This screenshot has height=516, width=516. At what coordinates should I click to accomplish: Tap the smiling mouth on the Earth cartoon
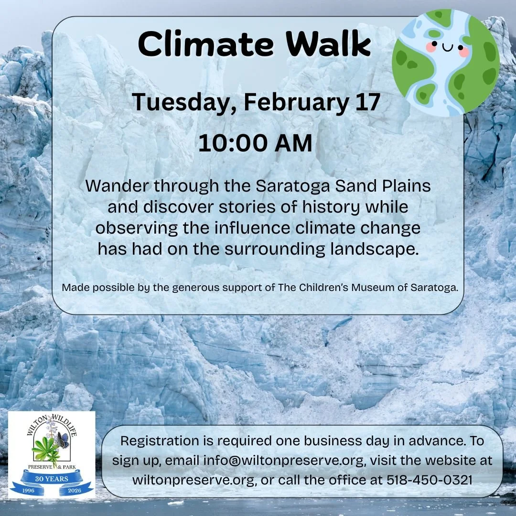(448, 48)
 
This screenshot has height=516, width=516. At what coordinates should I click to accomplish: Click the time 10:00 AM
(255, 143)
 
